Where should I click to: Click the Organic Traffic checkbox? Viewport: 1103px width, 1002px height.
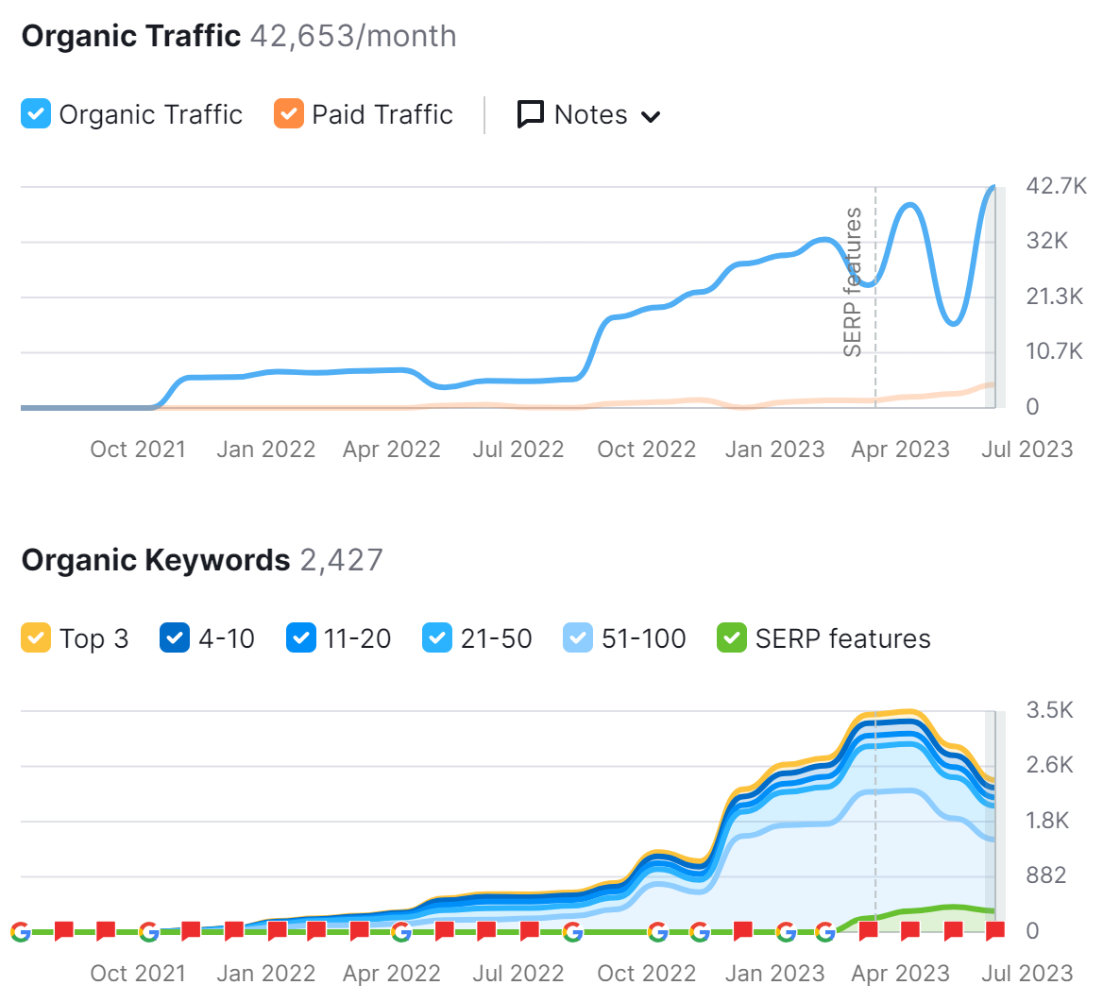pyautogui.click(x=36, y=114)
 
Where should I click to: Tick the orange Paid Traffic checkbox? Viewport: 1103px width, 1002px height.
pyautogui.click(x=289, y=114)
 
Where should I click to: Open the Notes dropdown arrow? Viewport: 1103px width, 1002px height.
pyautogui.click(x=651, y=117)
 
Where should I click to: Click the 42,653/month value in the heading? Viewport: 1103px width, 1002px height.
pyautogui.click(x=353, y=36)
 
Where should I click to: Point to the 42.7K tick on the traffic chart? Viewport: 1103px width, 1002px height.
pyautogui.click(x=1056, y=186)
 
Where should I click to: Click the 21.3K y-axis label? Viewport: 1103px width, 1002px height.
pyautogui.click(x=1055, y=297)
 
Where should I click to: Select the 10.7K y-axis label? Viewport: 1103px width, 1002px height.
pyautogui.click(x=1055, y=351)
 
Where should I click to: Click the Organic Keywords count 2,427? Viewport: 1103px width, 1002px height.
pyautogui.click(x=342, y=560)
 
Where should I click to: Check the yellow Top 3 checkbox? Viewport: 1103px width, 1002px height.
pyautogui.click(x=36, y=638)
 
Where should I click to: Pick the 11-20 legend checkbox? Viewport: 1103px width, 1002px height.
pyautogui.click(x=301, y=638)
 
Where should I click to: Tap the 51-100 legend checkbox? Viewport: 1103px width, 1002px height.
pyautogui.click(x=578, y=638)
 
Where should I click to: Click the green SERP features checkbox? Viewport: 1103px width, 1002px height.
pyautogui.click(x=732, y=638)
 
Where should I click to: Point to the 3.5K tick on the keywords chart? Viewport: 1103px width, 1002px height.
pyautogui.click(x=1050, y=710)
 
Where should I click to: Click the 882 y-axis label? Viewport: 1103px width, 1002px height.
pyautogui.click(x=1046, y=875)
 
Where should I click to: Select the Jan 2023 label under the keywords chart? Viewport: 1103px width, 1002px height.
pyautogui.click(x=774, y=973)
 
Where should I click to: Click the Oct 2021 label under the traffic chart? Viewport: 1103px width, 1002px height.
pyautogui.click(x=138, y=449)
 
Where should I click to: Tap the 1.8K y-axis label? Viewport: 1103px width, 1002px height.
pyautogui.click(x=1048, y=821)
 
